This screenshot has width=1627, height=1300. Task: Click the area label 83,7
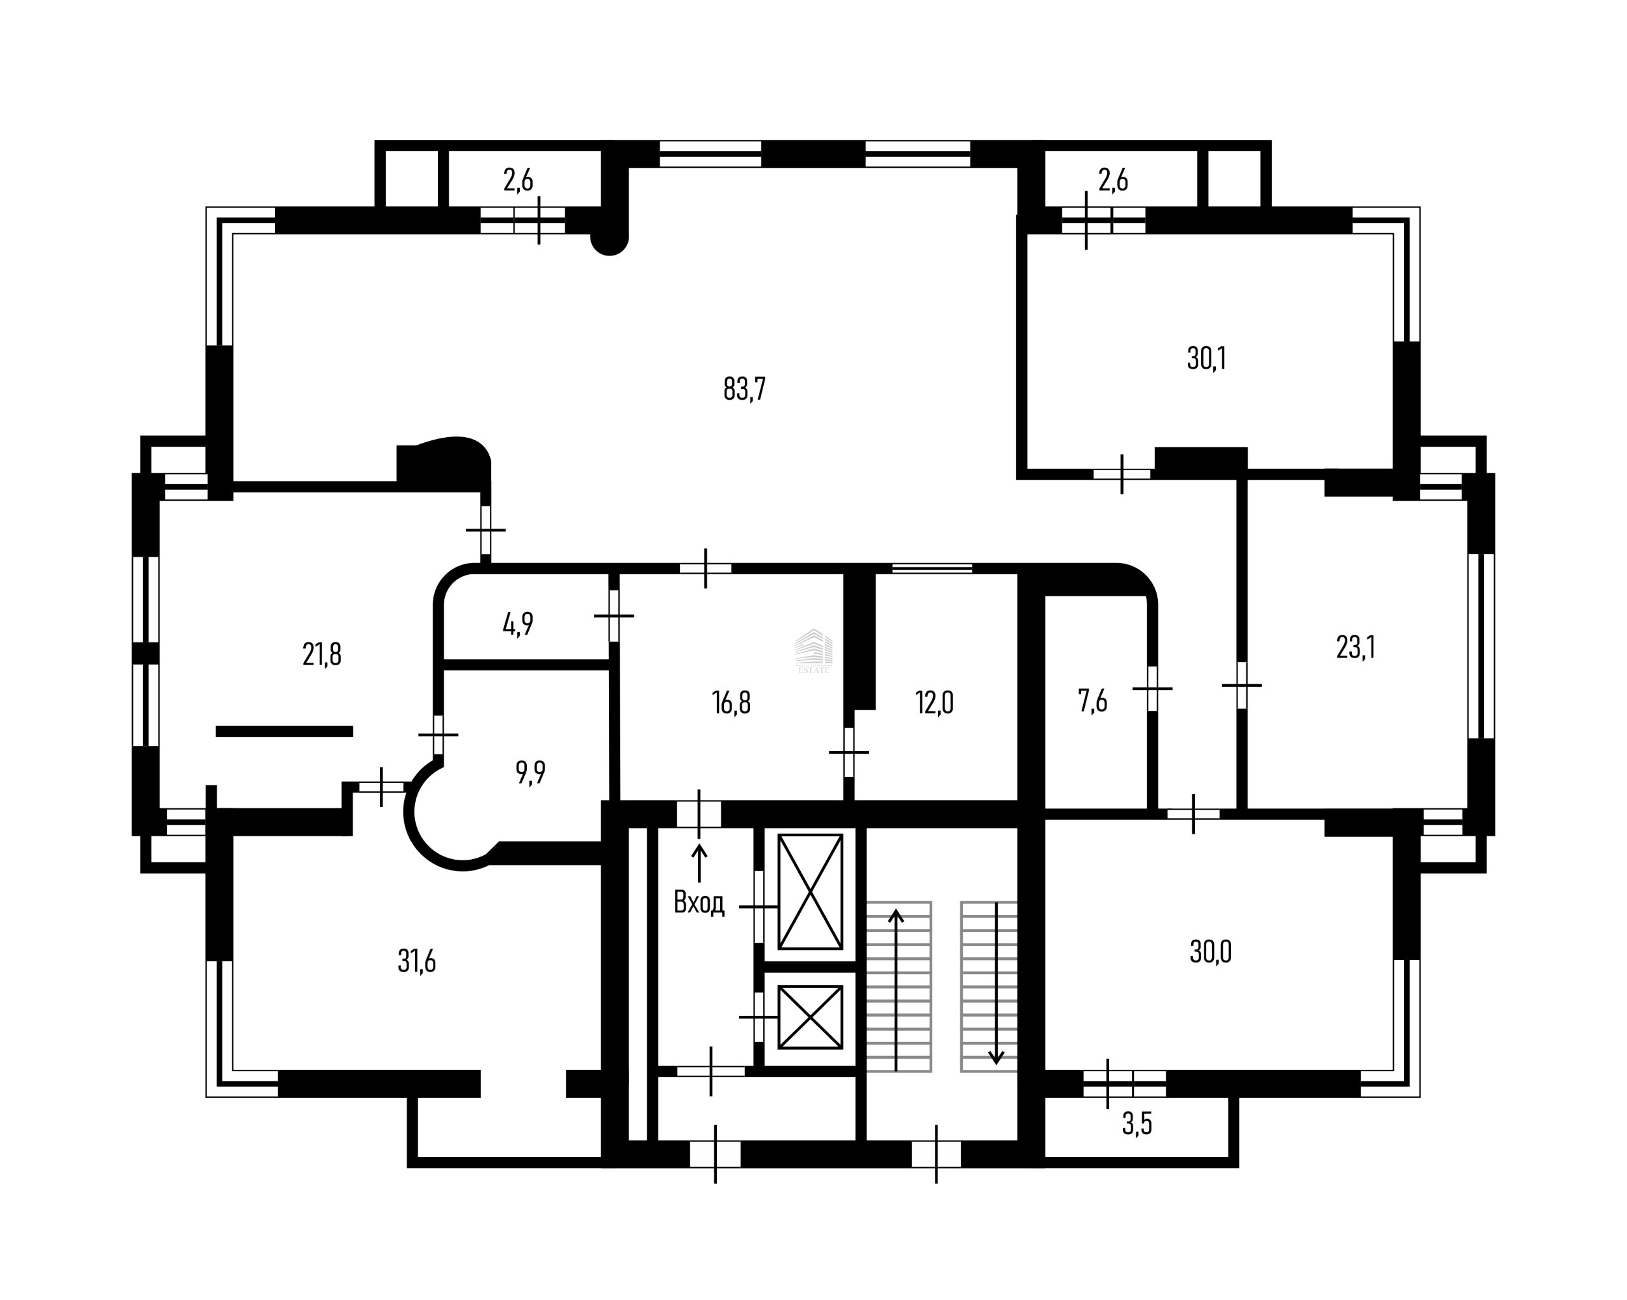coord(744,389)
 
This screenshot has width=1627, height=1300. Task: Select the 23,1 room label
coord(1356,647)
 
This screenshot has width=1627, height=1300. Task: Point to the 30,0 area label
coord(1211,952)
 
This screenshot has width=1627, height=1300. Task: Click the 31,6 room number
coord(416,961)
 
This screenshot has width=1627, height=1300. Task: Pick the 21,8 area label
coord(322,654)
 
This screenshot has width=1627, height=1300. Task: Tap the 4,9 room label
coord(518,624)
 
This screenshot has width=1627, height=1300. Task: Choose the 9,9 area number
coord(531,773)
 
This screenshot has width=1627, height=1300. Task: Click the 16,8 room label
coord(732,703)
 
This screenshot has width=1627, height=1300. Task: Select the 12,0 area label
coord(934,703)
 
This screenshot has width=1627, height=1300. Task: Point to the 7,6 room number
coord(1093,701)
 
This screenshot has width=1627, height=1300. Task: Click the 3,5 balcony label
coord(1136,1124)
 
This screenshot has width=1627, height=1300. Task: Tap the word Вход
coord(699,902)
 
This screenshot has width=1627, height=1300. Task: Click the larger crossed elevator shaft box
coord(810,892)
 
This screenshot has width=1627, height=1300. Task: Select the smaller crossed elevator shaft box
coord(810,1017)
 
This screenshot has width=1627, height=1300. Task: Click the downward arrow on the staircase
coord(996,984)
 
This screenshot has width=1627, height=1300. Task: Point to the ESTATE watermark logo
coord(813,651)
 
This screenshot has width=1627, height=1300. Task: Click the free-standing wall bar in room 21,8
coord(285,731)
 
